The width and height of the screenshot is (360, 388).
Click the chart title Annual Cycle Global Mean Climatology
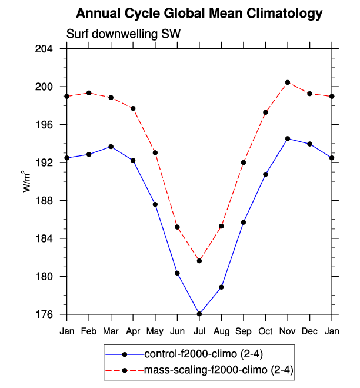point(199,13)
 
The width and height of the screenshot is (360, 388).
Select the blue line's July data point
point(199,314)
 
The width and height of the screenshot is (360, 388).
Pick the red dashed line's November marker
point(288,82)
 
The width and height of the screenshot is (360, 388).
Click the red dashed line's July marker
point(199,261)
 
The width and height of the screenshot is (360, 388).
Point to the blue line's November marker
point(288,139)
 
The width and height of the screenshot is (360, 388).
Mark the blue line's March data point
point(111,147)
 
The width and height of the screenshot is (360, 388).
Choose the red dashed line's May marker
point(155,152)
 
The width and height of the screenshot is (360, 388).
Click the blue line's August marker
point(222,287)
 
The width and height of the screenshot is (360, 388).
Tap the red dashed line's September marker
point(244,163)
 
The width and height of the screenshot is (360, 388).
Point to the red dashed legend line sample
point(124,371)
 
